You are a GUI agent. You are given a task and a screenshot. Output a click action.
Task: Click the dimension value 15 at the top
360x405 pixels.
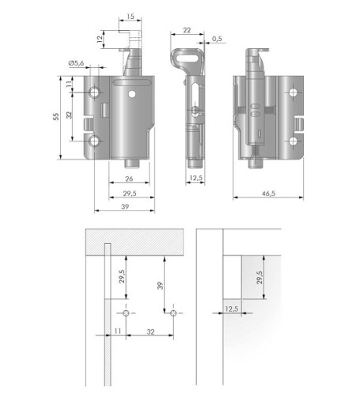131,17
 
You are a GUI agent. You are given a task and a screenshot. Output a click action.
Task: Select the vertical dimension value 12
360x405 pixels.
100,40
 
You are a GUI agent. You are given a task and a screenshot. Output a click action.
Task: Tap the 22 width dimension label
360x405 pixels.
187,30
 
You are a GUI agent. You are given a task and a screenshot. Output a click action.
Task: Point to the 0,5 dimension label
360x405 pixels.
217,39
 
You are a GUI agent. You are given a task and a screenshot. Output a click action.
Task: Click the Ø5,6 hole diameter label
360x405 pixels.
76,63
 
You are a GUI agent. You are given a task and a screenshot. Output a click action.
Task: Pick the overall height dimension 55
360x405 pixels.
56,116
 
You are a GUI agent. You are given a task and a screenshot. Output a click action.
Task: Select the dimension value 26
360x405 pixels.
129,179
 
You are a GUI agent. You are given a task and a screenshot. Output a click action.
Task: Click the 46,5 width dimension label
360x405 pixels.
269,194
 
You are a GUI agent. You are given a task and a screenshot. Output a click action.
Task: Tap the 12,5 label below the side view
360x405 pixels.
196,178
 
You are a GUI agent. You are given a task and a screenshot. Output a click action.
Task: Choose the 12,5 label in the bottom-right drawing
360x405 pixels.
232,308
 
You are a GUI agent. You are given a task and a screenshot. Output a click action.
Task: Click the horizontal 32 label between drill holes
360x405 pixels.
150,331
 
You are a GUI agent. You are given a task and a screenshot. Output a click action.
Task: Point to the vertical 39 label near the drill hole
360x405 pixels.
160,286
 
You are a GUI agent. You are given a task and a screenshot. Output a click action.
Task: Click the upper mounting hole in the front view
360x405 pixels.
94,92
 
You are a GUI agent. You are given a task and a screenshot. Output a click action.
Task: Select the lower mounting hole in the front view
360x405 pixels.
94,142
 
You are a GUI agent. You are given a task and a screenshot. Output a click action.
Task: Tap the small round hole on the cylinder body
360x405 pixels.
132,94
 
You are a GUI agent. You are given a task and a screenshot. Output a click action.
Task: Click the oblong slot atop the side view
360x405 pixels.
187,58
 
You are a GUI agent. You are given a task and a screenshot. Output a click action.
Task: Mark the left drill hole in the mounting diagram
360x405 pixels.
126,313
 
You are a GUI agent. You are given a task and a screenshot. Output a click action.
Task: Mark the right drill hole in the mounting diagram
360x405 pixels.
173,313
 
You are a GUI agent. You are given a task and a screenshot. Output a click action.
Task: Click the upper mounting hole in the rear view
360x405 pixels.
293,93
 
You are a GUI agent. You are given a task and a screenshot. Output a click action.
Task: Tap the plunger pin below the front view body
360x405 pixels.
132,163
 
